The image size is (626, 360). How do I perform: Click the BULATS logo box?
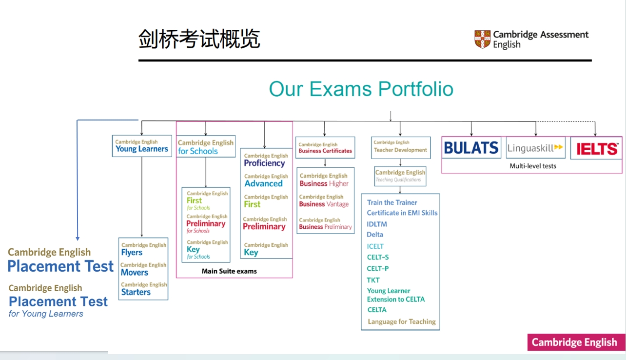coord(471,148)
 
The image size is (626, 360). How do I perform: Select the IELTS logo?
coord(596,148)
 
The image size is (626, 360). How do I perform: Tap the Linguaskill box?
coord(535,148)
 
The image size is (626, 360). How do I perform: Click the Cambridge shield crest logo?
coord(482,39)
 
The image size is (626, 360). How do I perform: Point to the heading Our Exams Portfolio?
coord(361,89)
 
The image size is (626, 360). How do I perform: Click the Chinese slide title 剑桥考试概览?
coord(199,39)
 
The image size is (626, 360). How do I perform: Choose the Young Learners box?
coord(142,146)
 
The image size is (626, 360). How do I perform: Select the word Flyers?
coord(132,253)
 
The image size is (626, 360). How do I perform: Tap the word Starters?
coord(136,292)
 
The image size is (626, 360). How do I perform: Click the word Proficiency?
coord(264,163)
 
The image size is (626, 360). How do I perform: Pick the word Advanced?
coord(263,183)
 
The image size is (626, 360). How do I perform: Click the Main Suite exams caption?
coord(229,271)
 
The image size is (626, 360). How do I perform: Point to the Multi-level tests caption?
coord(533,166)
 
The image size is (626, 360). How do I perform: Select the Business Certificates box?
coord(325,148)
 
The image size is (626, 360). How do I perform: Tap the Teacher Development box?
coord(400,147)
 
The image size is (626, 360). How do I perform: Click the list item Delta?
coord(375,235)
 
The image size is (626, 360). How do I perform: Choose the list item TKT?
coord(373,280)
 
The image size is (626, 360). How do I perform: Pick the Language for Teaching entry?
coord(402,322)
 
